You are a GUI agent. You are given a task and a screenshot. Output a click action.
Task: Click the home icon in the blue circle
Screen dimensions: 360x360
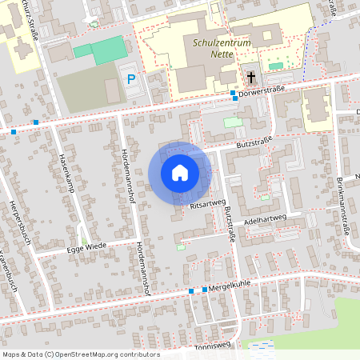179,173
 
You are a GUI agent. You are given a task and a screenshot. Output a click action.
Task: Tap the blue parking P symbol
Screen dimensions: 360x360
130,80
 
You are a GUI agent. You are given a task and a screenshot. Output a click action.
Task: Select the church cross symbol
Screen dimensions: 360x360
251,78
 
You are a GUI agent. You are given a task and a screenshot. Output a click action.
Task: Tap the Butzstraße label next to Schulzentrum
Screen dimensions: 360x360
255,142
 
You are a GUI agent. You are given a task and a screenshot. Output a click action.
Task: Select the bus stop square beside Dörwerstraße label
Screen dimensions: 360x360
233,94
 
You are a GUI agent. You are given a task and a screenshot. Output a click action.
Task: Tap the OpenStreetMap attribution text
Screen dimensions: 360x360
80,354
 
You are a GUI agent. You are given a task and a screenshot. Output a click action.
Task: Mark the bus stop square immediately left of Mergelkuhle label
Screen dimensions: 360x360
205,289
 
